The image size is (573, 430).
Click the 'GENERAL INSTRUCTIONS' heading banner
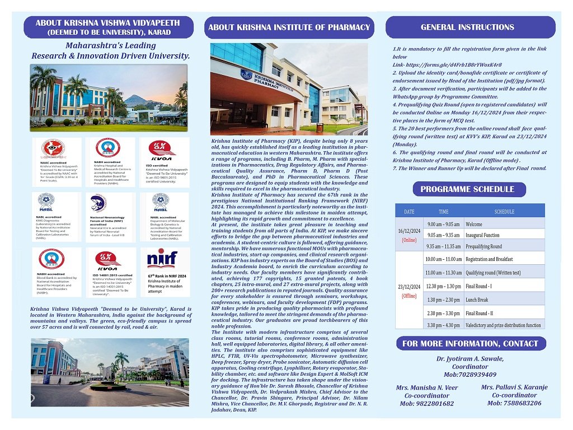click(x=467, y=27)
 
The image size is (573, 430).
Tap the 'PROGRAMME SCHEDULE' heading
click(x=467, y=189)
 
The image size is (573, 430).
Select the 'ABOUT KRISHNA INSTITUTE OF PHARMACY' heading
click(x=289, y=27)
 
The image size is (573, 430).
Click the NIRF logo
click(x=162, y=259)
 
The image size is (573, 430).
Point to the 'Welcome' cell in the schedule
click(x=473, y=225)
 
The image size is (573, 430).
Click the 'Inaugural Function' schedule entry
click(x=482, y=235)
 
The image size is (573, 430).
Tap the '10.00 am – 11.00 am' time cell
click(x=443, y=259)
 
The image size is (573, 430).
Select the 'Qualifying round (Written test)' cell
click(x=493, y=273)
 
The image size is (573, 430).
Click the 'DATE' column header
click(x=409, y=212)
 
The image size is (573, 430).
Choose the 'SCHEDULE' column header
click(x=504, y=212)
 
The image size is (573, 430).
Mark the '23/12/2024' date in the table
click(x=409, y=287)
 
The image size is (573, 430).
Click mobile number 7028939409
click(x=474, y=375)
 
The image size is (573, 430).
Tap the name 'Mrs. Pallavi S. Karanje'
click(x=514, y=387)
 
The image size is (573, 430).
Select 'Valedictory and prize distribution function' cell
click(x=503, y=325)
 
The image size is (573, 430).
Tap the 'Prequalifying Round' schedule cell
click(x=483, y=246)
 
